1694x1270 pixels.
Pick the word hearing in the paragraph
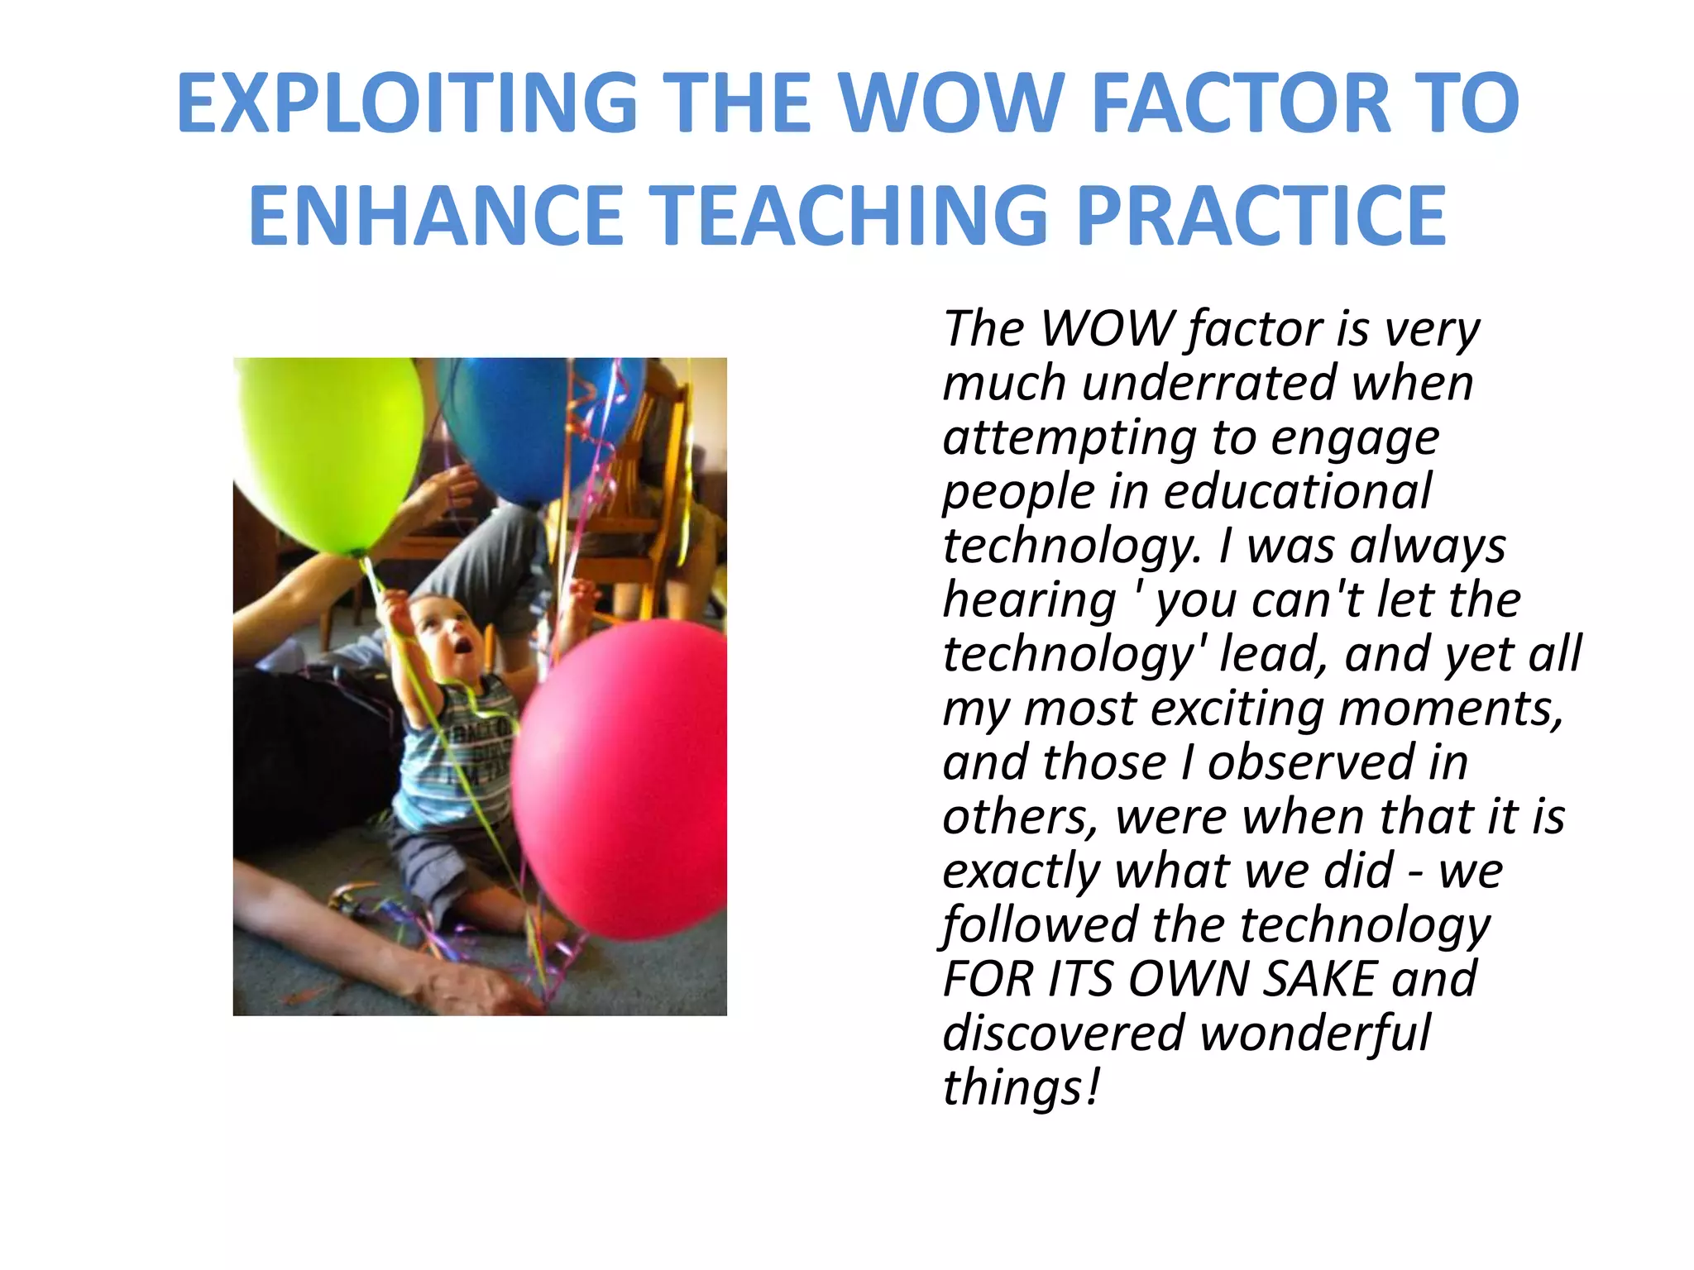pyautogui.click(x=1029, y=600)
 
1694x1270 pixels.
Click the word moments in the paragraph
pyautogui.click(x=1450, y=709)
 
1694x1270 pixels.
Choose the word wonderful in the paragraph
pyautogui.click(x=1315, y=1034)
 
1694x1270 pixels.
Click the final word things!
pyautogui.click(x=1022, y=1088)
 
